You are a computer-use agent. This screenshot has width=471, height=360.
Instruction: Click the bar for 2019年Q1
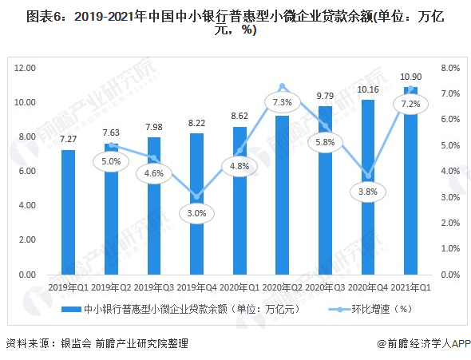(x=68, y=212)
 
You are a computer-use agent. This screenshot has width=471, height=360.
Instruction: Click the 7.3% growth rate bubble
(x=282, y=103)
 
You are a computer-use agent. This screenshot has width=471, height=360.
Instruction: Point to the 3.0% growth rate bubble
(x=196, y=213)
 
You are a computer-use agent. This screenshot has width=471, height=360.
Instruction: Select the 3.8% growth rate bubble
(x=369, y=192)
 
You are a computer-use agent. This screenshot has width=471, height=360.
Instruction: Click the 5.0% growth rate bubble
(x=110, y=161)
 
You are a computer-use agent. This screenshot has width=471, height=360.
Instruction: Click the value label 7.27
(x=68, y=139)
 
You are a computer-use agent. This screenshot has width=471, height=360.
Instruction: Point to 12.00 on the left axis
(x=26, y=69)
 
